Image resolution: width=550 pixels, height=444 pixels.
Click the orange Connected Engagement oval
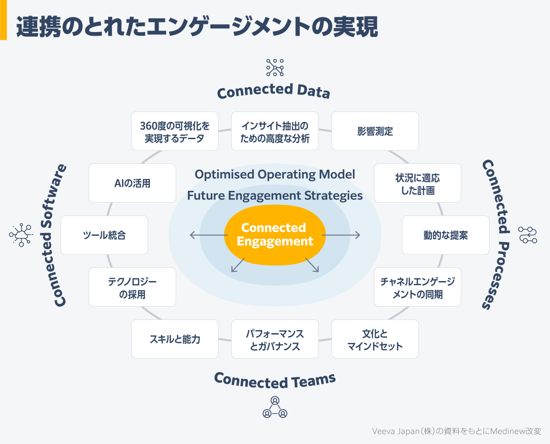pyautogui.click(x=275, y=234)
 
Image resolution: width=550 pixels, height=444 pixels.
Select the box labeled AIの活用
pyautogui.click(x=132, y=183)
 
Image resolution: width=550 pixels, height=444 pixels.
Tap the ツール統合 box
pyautogui.click(x=104, y=235)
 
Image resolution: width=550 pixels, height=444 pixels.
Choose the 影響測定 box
pyautogui.click(x=375, y=131)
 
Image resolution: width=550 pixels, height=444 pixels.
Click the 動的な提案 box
pyautogui.click(x=445, y=235)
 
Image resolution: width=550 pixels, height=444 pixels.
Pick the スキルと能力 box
pyautogui.click(x=175, y=339)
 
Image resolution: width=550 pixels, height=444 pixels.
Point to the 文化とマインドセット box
pyautogui.click(x=375, y=339)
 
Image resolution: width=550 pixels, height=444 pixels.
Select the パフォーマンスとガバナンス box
pyautogui.click(x=275, y=339)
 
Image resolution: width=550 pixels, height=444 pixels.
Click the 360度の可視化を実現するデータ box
pyautogui.click(x=175, y=131)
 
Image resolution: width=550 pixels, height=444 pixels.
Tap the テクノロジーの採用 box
pyautogui.click(x=132, y=287)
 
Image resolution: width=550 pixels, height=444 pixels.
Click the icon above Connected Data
pyautogui.click(x=275, y=67)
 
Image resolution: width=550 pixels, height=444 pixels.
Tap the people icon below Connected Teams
pyautogui.click(x=275, y=407)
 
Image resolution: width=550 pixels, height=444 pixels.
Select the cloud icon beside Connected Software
pyautogui.click(x=21, y=235)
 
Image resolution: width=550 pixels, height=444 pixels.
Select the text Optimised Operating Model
pyautogui.click(x=275, y=174)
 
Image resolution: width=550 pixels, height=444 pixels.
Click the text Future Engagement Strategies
pyautogui.click(x=275, y=196)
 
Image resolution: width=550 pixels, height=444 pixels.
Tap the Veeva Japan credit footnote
pyautogui.click(x=456, y=431)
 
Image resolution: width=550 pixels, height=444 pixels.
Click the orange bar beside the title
pyautogui.click(x=3, y=20)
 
